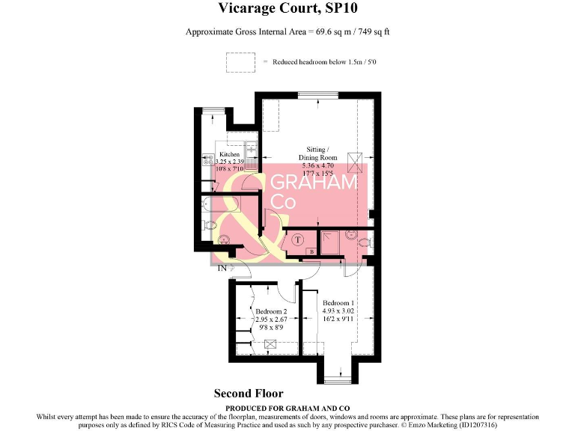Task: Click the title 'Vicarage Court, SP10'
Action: [x=287, y=9]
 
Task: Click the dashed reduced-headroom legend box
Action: [x=241, y=62]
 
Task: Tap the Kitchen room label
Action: [x=229, y=154]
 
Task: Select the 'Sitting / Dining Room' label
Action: [x=317, y=153]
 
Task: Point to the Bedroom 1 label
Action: [x=338, y=302]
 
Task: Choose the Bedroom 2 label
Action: [x=270, y=311]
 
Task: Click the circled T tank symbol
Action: [x=298, y=239]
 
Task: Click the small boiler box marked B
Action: [x=311, y=253]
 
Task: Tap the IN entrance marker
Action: [x=222, y=268]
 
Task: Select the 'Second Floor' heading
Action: [x=249, y=393]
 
